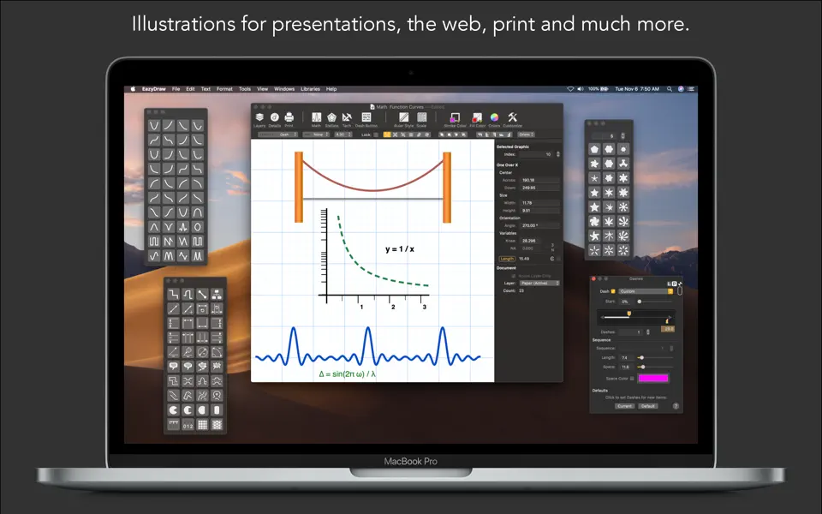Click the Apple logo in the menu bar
pos(134,89)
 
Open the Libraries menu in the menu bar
pos(310,89)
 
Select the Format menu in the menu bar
pos(224,89)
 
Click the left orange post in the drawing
pos(299,187)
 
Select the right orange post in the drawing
pos(446,187)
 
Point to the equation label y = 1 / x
pos(400,249)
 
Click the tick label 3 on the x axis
pos(425,307)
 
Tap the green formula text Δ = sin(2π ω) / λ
pos(348,374)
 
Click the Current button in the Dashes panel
pos(624,406)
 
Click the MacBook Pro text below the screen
pos(411,462)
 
